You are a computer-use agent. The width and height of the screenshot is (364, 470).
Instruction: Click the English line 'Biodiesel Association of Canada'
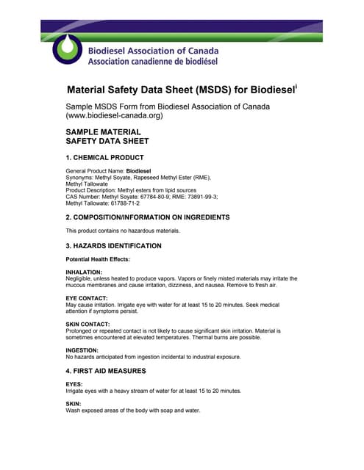click(x=153, y=51)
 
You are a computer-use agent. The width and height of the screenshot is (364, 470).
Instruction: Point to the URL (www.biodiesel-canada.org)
click(x=114, y=117)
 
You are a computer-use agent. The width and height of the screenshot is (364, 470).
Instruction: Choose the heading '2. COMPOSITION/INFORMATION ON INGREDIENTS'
click(x=148, y=217)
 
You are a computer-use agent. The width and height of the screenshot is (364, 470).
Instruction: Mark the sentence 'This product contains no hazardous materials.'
click(x=122, y=231)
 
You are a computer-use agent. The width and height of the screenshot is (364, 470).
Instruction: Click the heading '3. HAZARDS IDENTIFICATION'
click(x=113, y=245)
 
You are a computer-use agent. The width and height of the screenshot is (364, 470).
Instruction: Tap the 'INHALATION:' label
click(x=84, y=272)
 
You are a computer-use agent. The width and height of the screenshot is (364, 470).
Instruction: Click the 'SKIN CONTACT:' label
click(x=88, y=324)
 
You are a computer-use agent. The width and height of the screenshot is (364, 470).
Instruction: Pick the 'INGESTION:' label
click(x=82, y=350)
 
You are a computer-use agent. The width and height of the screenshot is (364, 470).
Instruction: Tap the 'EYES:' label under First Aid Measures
click(x=74, y=384)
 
